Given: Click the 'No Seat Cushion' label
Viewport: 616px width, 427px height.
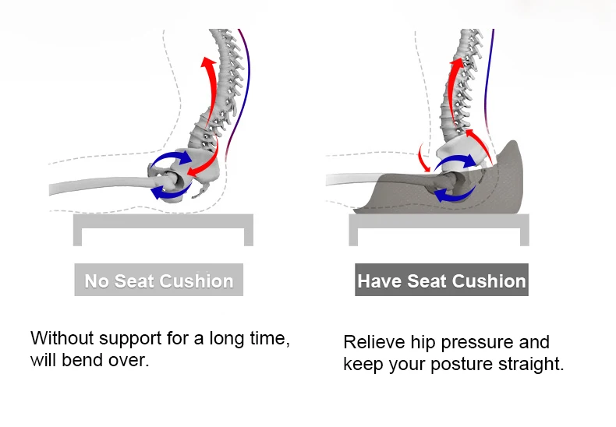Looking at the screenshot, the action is pos(159,280).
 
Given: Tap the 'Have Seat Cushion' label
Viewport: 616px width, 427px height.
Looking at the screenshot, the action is pos(441,280).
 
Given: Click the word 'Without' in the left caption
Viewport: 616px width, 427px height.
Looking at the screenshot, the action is pos(62,338).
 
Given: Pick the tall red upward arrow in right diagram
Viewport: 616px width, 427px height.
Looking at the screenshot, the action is pos(451,94).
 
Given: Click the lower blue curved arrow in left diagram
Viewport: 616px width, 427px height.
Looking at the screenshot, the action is pos(172,193).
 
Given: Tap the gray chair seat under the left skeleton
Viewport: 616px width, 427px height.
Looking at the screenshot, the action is pos(164,220).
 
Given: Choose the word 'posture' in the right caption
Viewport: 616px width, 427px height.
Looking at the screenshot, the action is pos(462,365).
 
